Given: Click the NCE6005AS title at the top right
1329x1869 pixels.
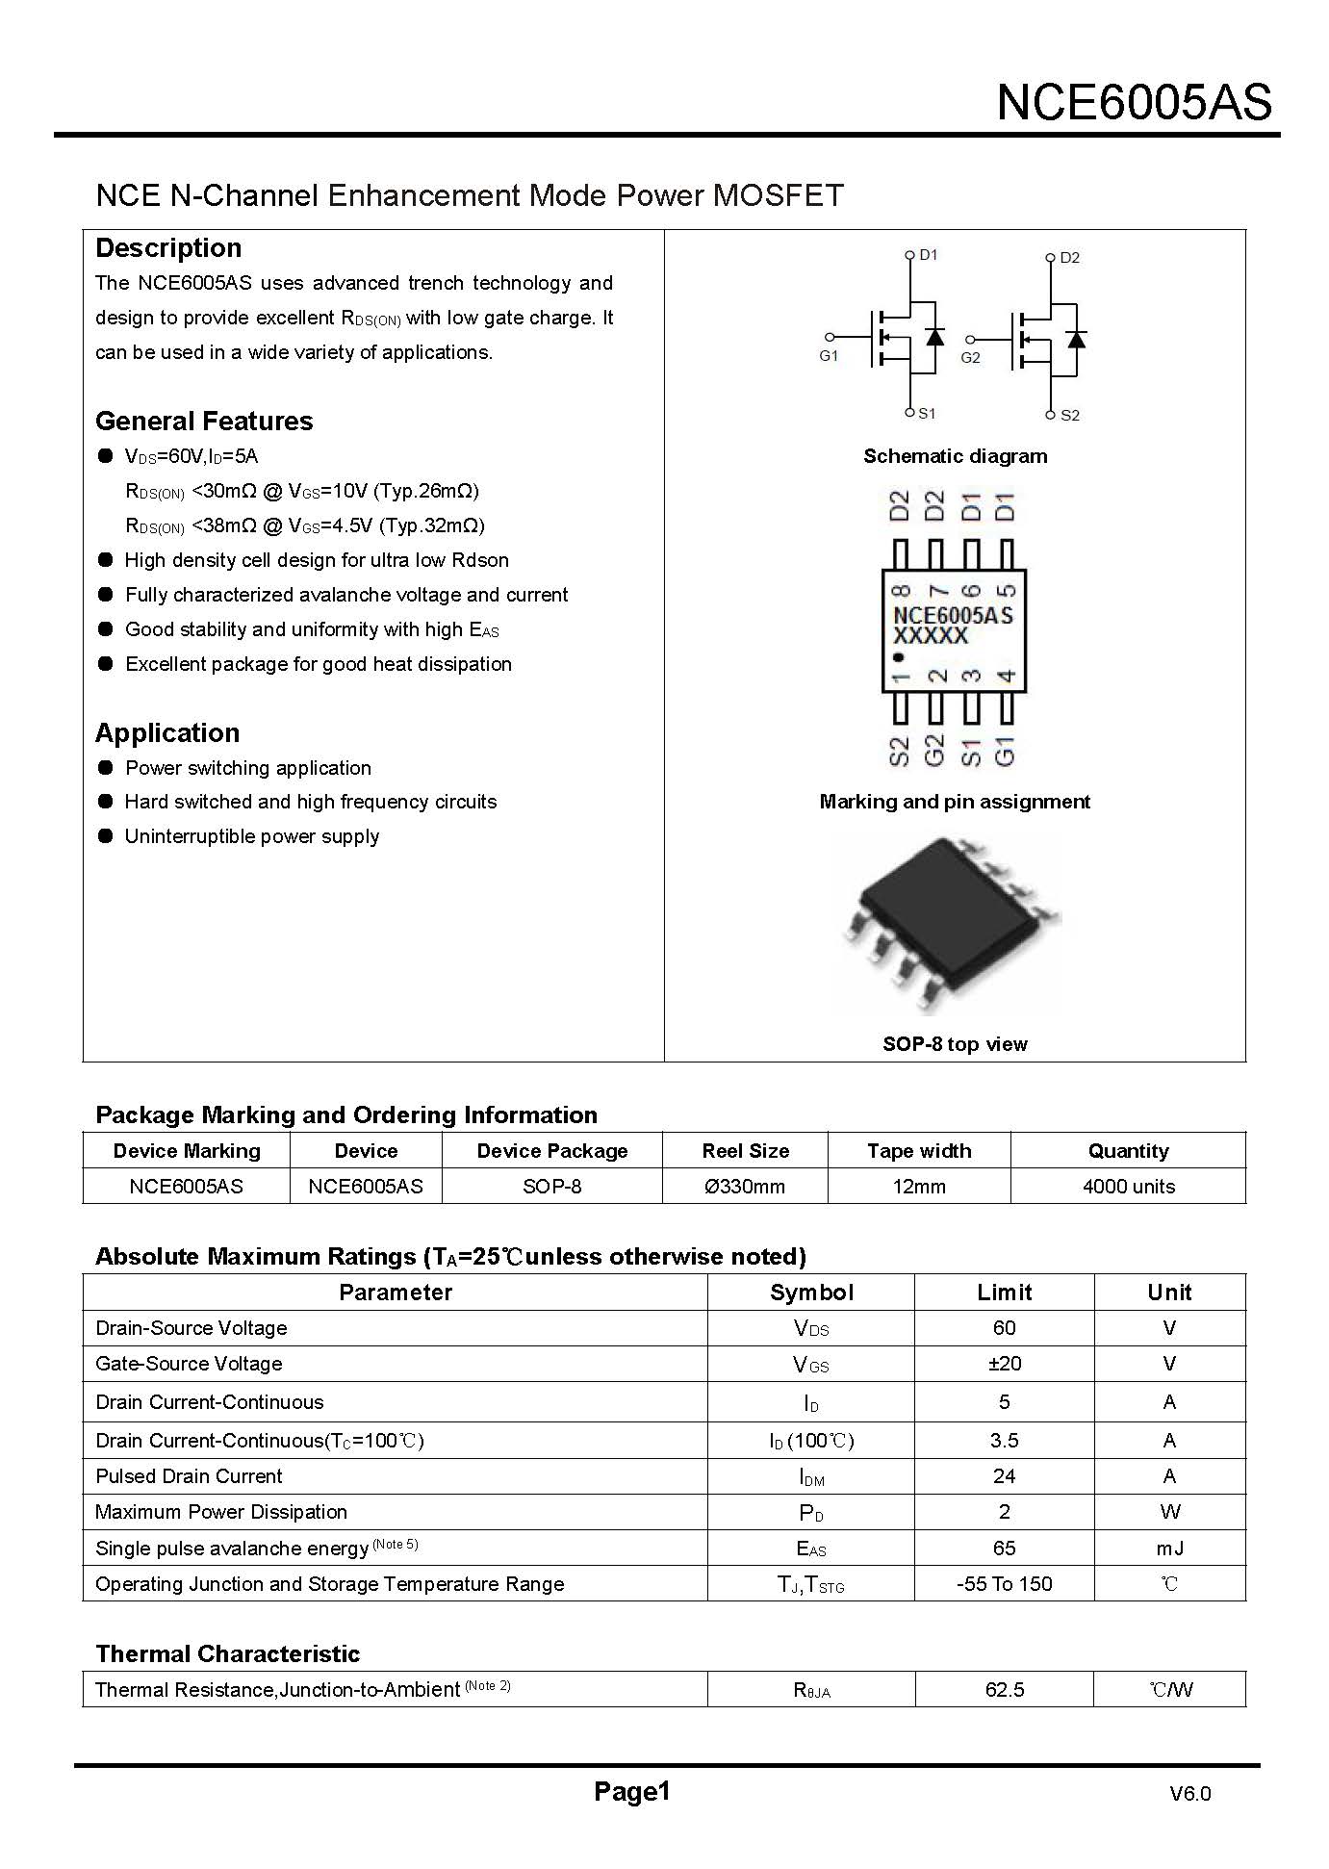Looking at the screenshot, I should pos(1134,102).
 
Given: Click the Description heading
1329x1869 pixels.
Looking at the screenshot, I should pos(168,248).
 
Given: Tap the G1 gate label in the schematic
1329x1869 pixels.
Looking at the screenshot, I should pos(829,356).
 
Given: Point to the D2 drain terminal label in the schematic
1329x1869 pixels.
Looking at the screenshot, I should pos(1069,258).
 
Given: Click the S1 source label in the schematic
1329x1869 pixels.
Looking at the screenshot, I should pos(926,414).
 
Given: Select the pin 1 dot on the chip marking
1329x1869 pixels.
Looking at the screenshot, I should pos(899,657).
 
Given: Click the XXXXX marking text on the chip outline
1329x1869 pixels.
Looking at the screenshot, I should pos(930,636).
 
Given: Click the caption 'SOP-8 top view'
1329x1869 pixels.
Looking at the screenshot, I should pos(955,1044).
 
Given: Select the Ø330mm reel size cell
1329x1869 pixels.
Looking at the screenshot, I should pos(745,1187).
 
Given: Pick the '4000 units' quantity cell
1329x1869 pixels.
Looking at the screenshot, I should pos(1128,1187).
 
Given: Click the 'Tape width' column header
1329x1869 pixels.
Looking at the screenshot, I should pos(919,1151).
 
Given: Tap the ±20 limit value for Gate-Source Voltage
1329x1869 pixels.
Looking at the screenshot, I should pos(1004,1364).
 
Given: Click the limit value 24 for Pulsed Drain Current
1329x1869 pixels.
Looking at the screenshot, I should pos(1004,1476).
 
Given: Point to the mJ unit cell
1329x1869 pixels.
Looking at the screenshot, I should pos(1169,1549).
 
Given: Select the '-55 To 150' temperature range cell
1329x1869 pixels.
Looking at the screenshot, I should pos(1004,1584).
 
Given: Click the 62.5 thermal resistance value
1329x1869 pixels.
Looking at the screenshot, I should pos(1004,1690).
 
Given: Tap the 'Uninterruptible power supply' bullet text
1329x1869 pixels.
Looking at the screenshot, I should pos(252,836).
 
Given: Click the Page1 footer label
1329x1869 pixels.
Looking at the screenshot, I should pos(631,1791).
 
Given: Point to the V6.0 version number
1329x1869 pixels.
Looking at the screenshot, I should pos(1190,1794).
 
